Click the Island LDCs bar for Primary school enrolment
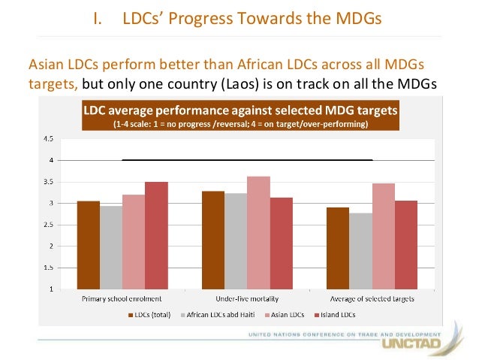(156, 235)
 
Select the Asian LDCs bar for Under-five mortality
(258, 232)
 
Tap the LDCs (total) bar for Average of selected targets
(338, 248)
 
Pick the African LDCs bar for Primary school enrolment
(111, 247)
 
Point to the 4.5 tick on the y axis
(47, 139)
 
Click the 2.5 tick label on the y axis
(47, 225)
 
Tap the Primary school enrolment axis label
(122, 298)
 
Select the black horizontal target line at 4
(247, 160)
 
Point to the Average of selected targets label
(372, 298)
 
